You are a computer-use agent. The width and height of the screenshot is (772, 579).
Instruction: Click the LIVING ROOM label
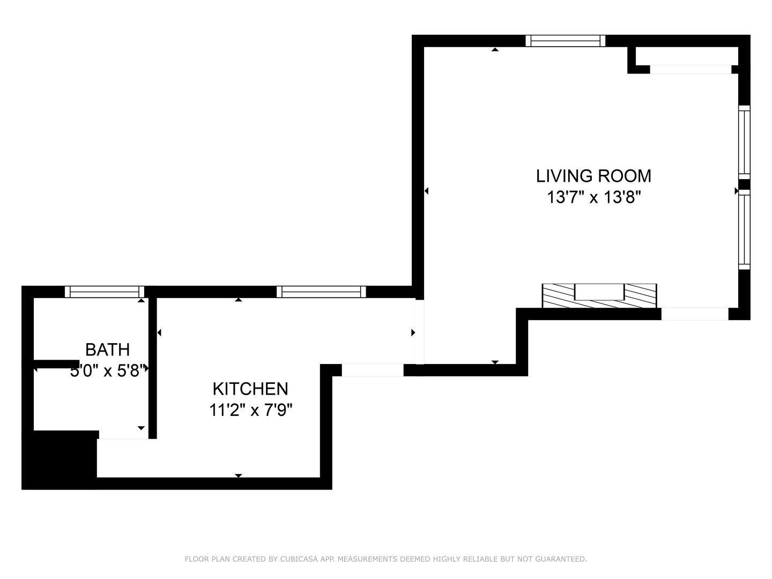click(x=593, y=176)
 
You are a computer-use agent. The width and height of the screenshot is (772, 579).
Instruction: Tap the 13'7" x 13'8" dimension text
click(x=593, y=197)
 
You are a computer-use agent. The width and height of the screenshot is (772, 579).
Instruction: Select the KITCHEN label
click(x=250, y=389)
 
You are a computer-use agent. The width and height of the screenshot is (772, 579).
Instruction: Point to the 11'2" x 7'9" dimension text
click(x=251, y=410)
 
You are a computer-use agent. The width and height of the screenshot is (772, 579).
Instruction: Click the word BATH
click(x=108, y=350)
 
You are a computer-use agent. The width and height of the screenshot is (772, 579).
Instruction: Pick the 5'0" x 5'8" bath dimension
click(x=108, y=371)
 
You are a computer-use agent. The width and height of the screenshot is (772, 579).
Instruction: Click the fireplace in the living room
click(x=599, y=295)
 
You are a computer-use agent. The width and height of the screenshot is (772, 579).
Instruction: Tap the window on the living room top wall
click(x=566, y=41)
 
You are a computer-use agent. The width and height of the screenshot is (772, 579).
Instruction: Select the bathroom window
click(x=105, y=292)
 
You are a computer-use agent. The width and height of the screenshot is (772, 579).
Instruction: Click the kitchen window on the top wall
click(x=321, y=292)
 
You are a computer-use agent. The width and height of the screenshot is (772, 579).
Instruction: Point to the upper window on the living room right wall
click(x=744, y=143)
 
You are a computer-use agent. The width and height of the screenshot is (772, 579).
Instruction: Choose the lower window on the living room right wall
click(x=744, y=229)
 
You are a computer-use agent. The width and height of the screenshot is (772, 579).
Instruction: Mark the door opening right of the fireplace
click(x=695, y=314)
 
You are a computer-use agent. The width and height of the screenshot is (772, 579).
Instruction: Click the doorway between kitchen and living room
click(x=420, y=332)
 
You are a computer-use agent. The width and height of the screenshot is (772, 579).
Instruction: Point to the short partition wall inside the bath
click(x=56, y=364)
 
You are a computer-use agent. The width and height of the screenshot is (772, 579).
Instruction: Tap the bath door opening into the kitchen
click(x=124, y=435)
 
